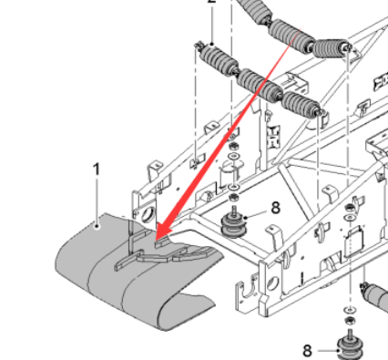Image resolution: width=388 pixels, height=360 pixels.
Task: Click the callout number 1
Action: tap(97, 170)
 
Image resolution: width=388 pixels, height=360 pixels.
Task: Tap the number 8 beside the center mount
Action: tap(275, 208)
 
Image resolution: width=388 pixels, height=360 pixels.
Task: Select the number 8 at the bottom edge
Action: tap(307, 351)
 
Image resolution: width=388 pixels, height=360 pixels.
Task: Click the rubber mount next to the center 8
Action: tap(234, 226)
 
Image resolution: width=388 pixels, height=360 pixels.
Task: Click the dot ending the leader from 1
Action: tap(97, 226)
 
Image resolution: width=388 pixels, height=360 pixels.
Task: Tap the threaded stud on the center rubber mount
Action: tap(233, 211)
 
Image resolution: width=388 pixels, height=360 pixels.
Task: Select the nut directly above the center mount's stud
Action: tap(233, 198)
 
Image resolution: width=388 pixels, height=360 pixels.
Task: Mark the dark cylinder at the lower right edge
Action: tap(374, 296)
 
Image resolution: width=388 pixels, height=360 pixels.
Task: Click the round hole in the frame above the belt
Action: tap(148, 214)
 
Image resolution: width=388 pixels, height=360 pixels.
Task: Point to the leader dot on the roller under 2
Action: tap(211, 45)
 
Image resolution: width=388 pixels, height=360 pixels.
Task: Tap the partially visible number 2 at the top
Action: tap(211, 2)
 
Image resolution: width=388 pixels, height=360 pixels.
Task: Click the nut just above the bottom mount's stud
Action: tap(350, 320)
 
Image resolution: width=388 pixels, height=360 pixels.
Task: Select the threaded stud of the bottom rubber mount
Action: tap(350, 334)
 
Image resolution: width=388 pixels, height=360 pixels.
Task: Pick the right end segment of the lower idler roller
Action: tap(301, 106)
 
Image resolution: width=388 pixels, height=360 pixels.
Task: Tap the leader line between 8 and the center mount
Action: tap(256, 215)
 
